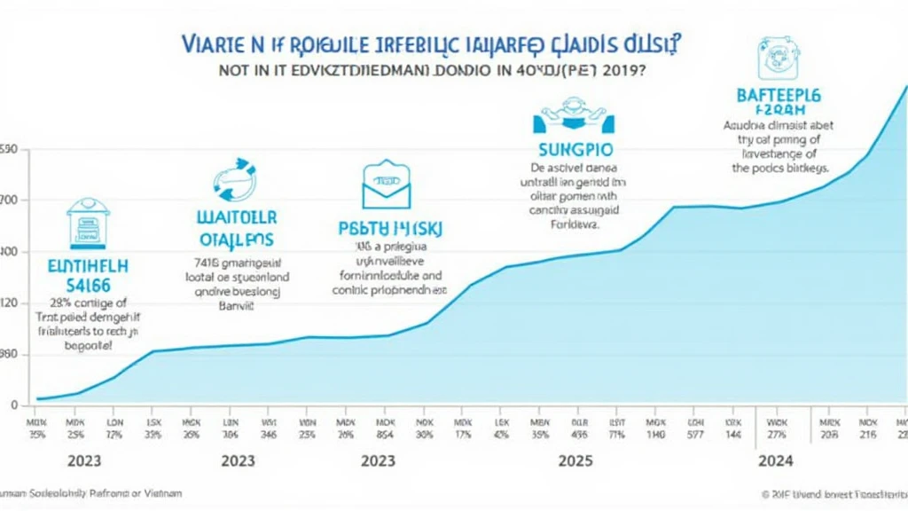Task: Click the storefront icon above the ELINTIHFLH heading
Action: click(x=85, y=222)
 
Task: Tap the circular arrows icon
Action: click(x=233, y=180)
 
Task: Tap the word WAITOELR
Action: click(x=235, y=217)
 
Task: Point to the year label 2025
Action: click(x=575, y=461)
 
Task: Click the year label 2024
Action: click(x=775, y=461)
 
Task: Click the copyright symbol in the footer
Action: click(x=765, y=492)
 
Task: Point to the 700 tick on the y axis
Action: click(x=9, y=200)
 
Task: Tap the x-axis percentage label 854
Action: click(x=385, y=435)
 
